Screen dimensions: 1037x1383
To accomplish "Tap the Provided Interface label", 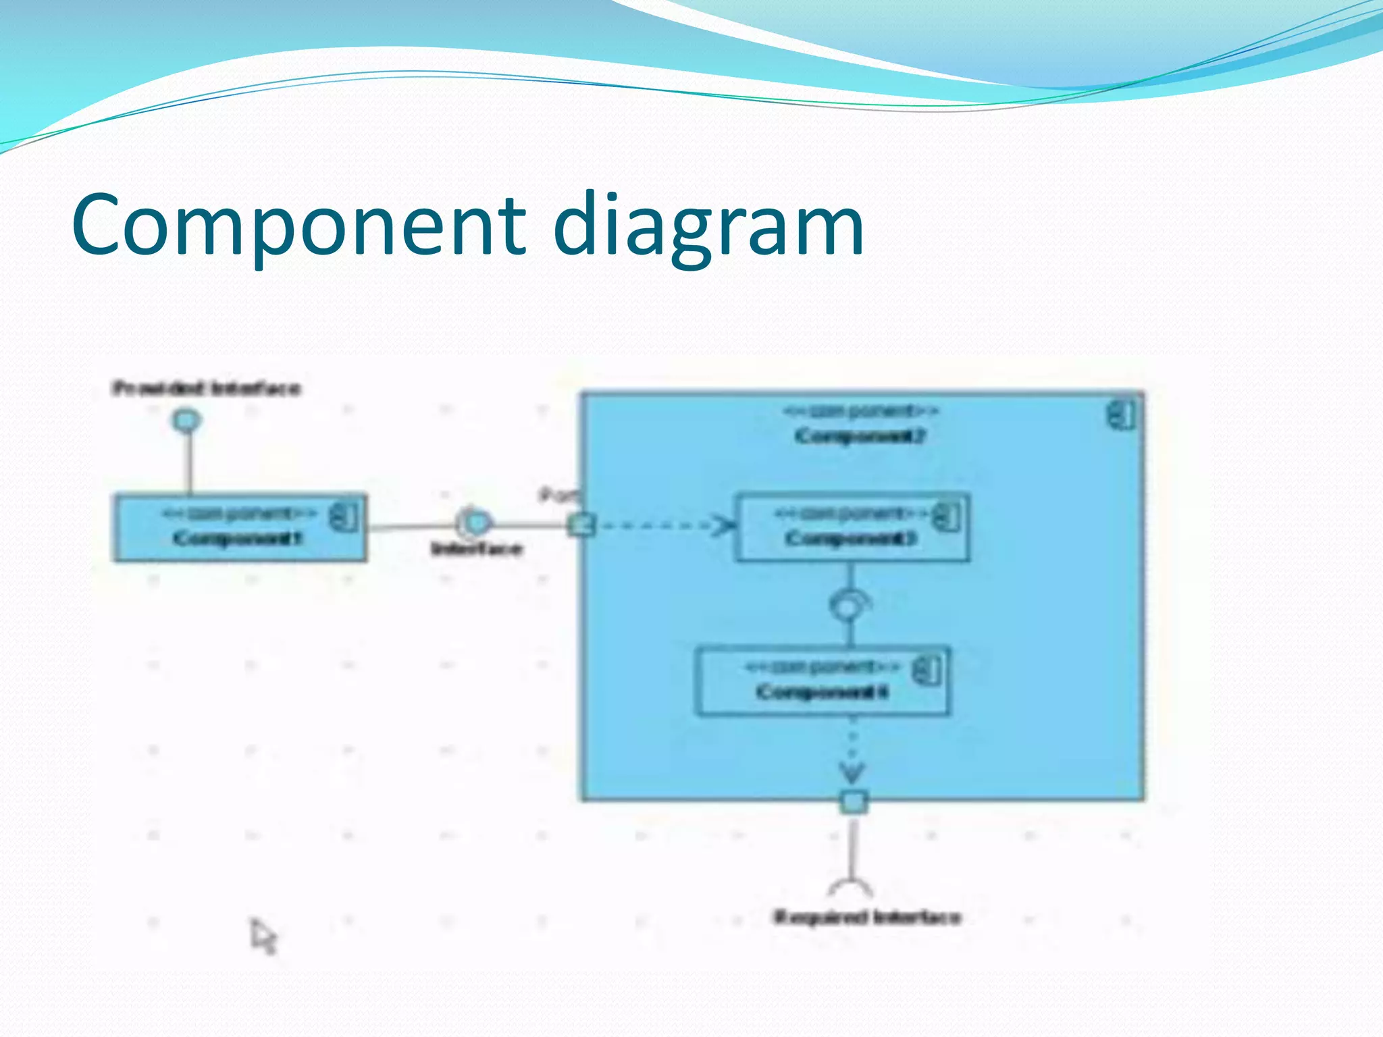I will coord(206,389).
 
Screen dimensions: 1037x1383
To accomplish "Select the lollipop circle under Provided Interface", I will coord(186,421).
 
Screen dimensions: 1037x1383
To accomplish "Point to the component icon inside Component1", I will coord(344,517).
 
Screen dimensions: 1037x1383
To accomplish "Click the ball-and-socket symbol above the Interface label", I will coord(475,523).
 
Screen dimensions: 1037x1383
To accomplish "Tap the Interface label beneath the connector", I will coord(477,549).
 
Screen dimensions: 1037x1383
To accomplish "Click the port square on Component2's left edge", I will coord(581,525).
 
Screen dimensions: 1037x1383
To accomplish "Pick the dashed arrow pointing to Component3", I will coord(665,525).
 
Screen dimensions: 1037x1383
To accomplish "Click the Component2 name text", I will coord(860,436).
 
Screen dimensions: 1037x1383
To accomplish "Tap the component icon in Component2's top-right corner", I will coord(1122,415).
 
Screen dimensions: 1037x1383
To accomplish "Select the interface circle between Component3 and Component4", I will coord(847,606).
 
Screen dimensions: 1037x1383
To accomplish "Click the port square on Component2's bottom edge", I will coord(854,801).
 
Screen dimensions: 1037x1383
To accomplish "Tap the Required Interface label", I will coord(867,918).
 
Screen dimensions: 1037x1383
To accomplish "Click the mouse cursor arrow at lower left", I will coord(263,936).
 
